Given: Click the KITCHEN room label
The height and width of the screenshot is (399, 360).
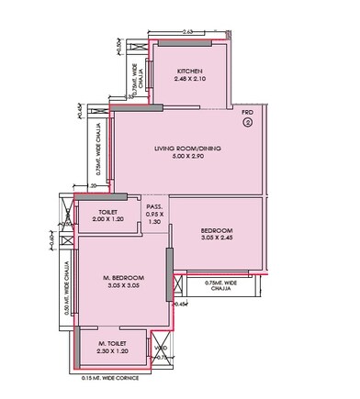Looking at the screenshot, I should [x=190, y=71].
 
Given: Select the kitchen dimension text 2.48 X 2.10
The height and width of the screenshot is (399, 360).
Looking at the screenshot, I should [x=190, y=79].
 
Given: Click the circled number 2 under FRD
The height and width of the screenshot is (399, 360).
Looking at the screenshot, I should [x=247, y=121].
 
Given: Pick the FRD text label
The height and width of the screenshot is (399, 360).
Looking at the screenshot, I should [x=247, y=111].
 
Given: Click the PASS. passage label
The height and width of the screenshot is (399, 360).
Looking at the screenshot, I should [x=154, y=206].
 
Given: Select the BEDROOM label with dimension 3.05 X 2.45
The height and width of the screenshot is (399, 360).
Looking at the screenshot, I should [x=217, y=229].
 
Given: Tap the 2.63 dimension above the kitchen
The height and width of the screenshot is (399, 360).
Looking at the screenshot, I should [x=187, y=32].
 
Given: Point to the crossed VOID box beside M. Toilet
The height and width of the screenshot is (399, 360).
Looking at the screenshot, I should [x=160, y=349].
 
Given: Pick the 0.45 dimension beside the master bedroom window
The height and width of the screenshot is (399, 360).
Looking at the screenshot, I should [x=181, y=304].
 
